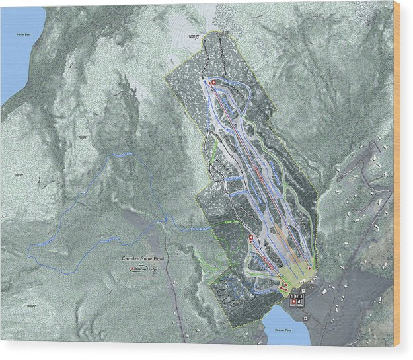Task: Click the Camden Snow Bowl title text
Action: [x=141, y=260]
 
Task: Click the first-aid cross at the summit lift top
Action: [x=213, y=82]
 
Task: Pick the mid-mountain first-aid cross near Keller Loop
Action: [x=250, y=238]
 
